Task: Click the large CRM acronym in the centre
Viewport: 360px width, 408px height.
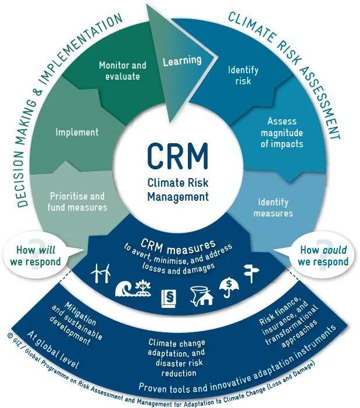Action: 178,155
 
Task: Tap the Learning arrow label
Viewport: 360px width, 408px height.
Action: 181,61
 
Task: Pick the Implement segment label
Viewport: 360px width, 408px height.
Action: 77,132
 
